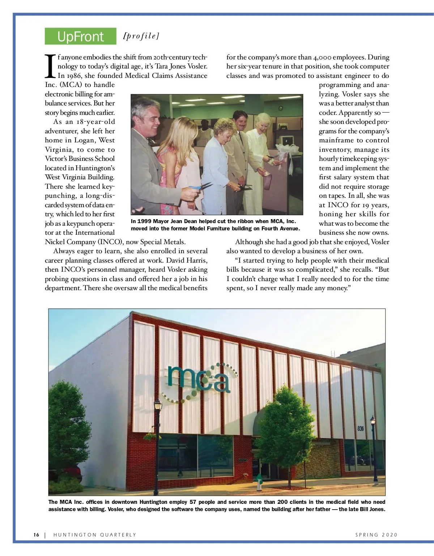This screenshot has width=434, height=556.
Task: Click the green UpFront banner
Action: [80, 36]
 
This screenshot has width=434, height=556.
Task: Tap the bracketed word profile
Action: [141, 36]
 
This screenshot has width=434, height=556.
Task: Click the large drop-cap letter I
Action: [51, 66]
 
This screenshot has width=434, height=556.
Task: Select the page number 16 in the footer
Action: [36, 535]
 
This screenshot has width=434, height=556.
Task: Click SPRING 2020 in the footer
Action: [376, 535]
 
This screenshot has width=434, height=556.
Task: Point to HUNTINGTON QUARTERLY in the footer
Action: [95, 535]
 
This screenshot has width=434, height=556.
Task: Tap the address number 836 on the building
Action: [361, 429]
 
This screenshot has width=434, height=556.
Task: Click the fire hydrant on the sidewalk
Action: [259, 482]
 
